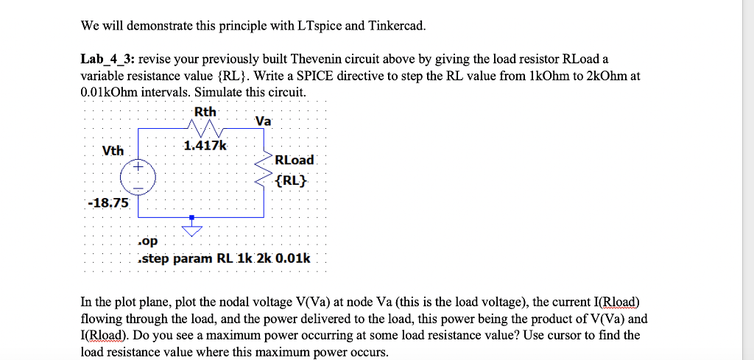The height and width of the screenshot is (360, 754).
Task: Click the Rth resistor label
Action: [205, 111]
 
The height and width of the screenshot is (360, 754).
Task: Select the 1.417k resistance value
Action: [205, 146]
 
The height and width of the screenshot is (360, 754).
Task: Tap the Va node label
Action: [263, 120]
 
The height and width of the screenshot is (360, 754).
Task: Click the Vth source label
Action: [113, 150]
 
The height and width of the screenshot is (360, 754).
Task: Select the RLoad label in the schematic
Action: [294, 160]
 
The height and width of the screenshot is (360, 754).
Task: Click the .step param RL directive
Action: [225, 258]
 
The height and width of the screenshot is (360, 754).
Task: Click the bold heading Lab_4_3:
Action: [108, 59]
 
